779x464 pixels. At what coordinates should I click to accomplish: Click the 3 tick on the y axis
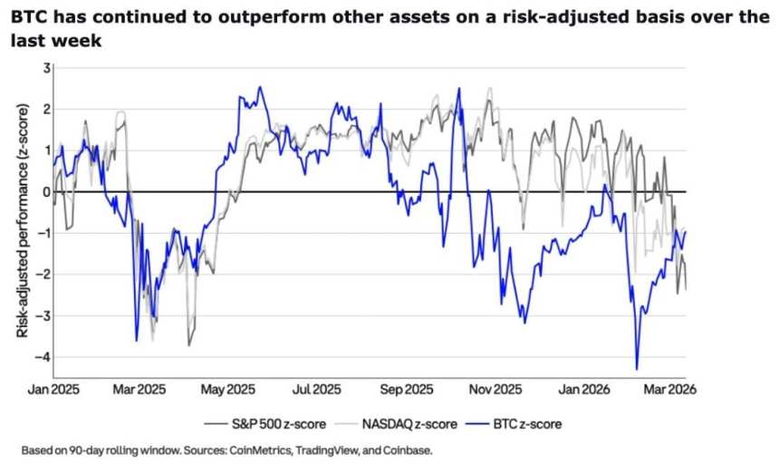coord(46,69)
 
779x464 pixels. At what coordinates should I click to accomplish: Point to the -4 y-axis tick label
coord(43,357)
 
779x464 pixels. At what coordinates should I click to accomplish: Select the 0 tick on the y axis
coord(46,192)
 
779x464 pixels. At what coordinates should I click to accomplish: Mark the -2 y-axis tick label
coord(43,275)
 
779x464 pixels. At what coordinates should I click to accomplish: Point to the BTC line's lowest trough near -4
coord(637,368)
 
